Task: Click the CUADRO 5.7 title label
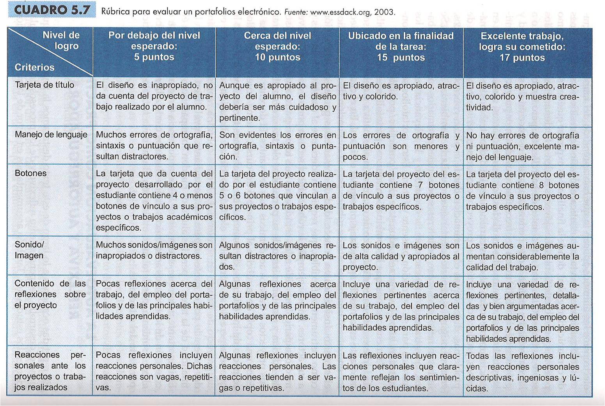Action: click(x=52, y=10)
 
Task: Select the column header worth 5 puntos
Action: click(x=154, y=46)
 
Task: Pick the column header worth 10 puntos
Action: click(x=277, y=46)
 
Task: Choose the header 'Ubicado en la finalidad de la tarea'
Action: click(x=401, y=47)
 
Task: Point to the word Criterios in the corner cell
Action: click(x=34, y=67)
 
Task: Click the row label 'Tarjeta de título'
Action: click(x=44, y=85)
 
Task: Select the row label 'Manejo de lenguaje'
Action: click(x=51, y=135)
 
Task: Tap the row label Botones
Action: click(x=30, y=173)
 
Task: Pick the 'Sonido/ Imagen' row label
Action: click(x=29, y=250)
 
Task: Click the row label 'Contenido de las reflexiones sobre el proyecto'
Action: click(x=50, y=294)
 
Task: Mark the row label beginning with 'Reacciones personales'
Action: click(x=50, y=371)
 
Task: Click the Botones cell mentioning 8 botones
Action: click(x=522, y=191)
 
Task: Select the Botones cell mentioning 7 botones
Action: click(x=401, y=191)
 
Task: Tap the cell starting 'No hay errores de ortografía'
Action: click(x=522, y=146)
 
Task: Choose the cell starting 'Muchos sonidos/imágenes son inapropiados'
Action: click(x=154, y=251)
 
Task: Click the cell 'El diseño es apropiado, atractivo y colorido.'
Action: click(x=401, y=91)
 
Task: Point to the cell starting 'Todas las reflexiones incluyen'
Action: click(x=522, y=372)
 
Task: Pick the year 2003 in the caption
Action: click(x=384, y=12)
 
